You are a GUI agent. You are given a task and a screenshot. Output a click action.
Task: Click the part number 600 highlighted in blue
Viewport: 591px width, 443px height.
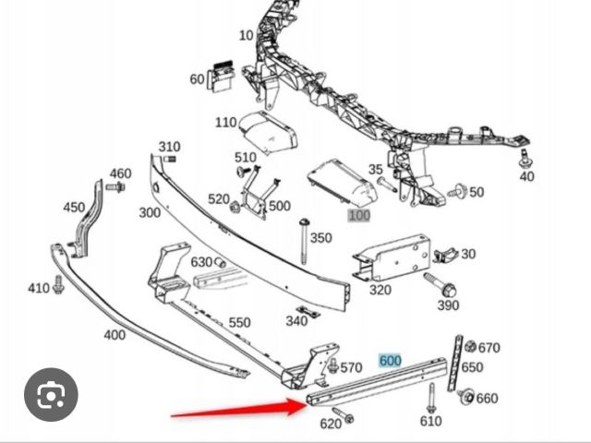click(x=390, y=360)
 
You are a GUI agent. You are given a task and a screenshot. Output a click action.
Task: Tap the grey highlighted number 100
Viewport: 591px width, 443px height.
click(x=358, y=215)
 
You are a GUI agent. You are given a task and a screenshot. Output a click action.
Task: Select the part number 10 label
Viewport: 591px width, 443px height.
click(x=246, y=36)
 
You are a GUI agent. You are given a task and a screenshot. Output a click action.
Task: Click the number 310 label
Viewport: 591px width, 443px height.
click(x=169, y=147)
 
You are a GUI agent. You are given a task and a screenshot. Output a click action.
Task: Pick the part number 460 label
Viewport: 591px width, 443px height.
click(x=121, y=174)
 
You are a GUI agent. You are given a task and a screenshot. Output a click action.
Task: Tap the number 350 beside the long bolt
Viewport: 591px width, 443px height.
click(x=320, y=238)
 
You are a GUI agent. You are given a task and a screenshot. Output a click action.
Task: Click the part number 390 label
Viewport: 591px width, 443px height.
click(x=448, y=305)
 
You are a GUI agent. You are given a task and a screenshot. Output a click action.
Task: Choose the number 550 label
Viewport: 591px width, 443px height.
click(x=240, y=322)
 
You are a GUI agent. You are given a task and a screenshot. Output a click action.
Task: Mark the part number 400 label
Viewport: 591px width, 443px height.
click(x=115, y=334)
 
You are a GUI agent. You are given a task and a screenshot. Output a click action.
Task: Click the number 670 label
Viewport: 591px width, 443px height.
click(x=489, y=348)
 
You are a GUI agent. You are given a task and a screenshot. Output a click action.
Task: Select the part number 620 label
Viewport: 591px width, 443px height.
click(x=331, y=425)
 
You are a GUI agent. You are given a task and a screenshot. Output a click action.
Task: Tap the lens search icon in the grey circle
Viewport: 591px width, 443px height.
click(x=52, y=398)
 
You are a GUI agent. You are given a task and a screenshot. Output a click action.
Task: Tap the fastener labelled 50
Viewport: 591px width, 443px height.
click(x=456, y=192)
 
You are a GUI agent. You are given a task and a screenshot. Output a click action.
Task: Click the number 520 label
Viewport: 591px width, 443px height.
click(x=218, y=198)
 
